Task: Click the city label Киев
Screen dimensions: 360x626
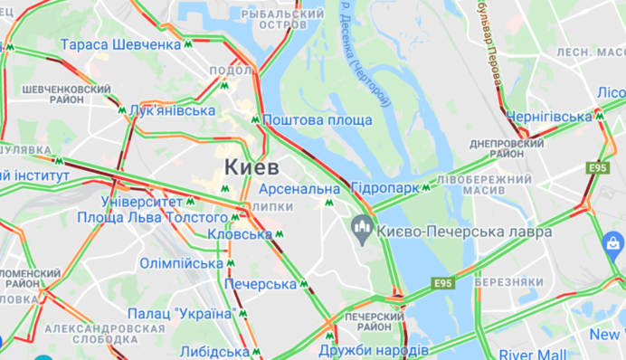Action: point(248,166)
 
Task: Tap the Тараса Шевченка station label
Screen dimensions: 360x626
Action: point(120,44)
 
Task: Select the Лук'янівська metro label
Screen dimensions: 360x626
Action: point(172,110)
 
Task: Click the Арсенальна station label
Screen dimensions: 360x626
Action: point(298,189)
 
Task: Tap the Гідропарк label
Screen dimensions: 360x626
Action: point(384,188)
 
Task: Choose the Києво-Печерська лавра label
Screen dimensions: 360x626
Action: point(466,232)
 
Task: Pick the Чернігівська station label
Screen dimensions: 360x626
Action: point(549,117)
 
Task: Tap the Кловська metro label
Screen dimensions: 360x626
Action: point(240,234)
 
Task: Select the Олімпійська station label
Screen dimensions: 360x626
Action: point(181,263)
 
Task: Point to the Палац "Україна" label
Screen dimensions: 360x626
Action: point(181,313)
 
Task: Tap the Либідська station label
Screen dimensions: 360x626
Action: point(214,351)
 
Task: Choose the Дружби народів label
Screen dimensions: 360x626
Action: point(375,350)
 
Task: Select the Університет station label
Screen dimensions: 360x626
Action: point(141,201)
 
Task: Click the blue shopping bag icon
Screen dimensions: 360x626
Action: point(612,243)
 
